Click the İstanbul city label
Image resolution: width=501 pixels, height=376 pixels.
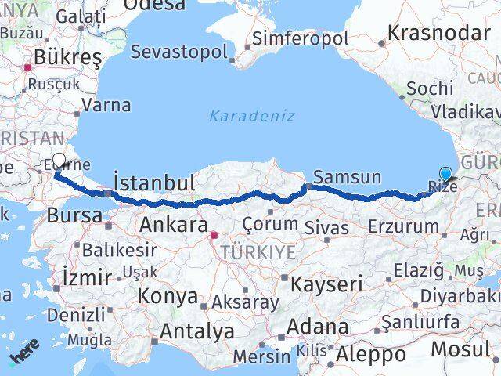point(154,183)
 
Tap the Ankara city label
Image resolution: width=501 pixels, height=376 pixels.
point(173,225)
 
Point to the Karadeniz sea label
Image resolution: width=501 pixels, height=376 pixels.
point(252,116)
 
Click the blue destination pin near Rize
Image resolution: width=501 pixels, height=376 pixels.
point(446,175)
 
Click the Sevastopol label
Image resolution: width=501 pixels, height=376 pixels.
point(179,52)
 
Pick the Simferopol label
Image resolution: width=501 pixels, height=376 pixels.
point(301,39)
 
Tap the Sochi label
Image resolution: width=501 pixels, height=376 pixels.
point(430,88)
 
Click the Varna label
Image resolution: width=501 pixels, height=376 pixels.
point(106,103)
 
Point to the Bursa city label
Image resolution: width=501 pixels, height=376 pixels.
point(74,215)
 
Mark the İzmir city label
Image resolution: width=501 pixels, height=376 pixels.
point(86,277)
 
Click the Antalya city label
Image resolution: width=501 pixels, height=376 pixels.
point(197,331)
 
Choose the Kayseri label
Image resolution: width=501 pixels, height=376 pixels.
point(326,284)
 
